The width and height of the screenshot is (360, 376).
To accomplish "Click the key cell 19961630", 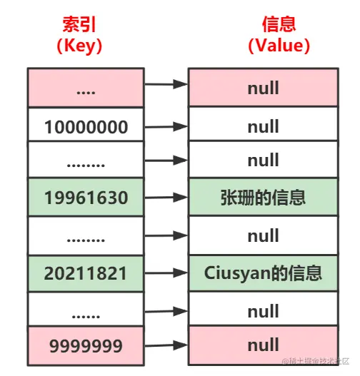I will (86, 198).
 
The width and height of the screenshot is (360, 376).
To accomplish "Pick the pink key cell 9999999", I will (86, 345).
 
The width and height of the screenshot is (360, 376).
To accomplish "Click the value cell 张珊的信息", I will (263, 198).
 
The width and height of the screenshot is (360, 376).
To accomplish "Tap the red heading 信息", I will (279, 24).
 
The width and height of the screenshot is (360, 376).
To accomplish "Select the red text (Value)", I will (279, 46).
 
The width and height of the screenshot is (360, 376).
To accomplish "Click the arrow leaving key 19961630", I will (166, 198).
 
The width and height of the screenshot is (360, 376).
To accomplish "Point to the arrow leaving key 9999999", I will (166, 345).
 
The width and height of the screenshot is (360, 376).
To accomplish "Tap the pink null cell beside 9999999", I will (263, 345).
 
